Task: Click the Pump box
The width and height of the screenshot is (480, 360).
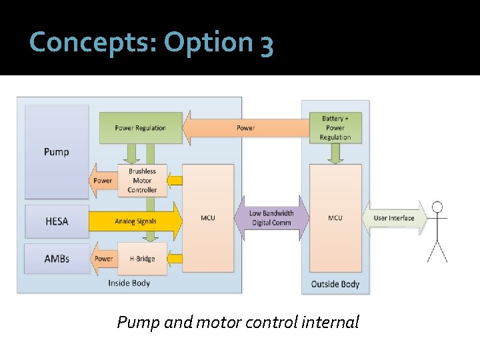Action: coord(56,151)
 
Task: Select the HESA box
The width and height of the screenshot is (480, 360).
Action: coord(56,221)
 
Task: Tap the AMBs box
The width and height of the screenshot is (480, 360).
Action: coord(56,259)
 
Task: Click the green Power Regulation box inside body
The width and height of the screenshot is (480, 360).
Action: coord(140,128)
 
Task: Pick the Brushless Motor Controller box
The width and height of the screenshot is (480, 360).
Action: coord(142,181)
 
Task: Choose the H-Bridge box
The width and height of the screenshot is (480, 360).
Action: coord(142,259)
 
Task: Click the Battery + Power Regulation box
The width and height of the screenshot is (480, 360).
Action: coord(335,128)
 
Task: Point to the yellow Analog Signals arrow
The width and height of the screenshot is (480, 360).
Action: coord(135,221)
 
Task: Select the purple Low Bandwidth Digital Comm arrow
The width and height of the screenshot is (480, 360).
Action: coord(271,218)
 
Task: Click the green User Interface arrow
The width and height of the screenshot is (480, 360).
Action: coord(394,218)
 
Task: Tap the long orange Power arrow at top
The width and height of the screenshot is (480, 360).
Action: coord(245,128)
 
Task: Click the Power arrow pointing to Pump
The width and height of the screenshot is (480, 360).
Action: coord(102,181)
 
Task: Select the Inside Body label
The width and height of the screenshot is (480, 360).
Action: coord(129,283)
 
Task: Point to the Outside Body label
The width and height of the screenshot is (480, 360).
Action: coord(335,284)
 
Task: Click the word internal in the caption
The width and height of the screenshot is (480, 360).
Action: coord(330,323)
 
